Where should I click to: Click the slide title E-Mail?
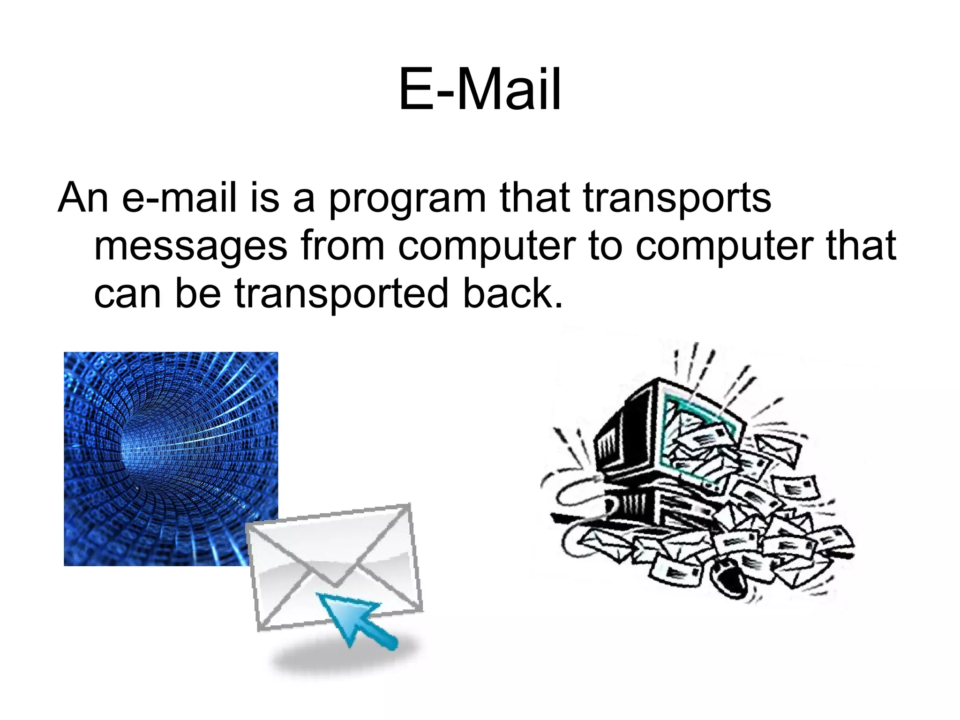pos(480,89)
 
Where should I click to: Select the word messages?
pos(190,247)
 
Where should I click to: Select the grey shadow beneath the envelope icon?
pos(347,661)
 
